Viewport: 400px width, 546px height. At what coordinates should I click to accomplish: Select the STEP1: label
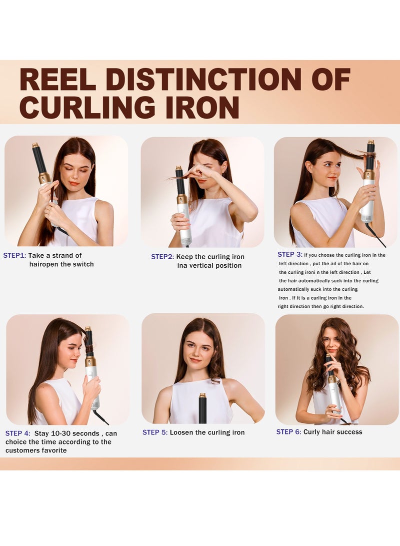[x=14, y=256]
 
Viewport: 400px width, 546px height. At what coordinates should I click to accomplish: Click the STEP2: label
[x=162, y=257]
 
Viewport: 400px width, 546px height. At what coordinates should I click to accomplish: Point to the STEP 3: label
[x=290, y=255]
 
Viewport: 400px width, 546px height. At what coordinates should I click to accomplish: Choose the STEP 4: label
[x=18, y=433]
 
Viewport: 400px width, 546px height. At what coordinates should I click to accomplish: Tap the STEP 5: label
[x=155, y=432]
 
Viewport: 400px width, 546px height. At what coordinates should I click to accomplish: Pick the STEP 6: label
[x=288, y=432]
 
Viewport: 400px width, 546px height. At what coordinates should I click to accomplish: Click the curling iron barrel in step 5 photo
[x=202, y=409]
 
